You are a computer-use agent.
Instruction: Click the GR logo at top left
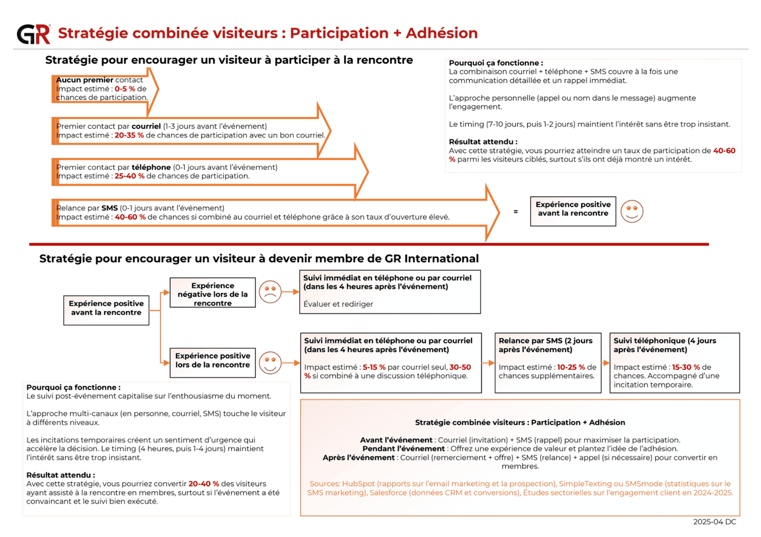pos(33,34)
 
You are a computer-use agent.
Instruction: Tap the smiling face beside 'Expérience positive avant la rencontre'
pos(632,211)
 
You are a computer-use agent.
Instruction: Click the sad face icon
pos(270,292)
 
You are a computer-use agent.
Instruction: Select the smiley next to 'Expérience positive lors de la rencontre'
pos(270,363)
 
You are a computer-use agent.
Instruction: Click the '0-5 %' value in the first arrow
pos(125,89)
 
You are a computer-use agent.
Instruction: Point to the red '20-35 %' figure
pos(129,135)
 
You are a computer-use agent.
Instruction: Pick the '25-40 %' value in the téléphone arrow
pos(129,176)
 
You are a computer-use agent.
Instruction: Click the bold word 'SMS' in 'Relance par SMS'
pos(109,208)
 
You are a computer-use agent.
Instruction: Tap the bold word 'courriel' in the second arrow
pos(146,126)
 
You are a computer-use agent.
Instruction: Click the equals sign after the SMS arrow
pos(516,212)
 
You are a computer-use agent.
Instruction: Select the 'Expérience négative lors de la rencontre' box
pos(213,294)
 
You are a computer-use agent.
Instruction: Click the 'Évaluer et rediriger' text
pos(338,304)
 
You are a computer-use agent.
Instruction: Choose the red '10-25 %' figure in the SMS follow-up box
pos(571,367)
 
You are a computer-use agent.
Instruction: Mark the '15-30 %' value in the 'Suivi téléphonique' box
pos(686,367)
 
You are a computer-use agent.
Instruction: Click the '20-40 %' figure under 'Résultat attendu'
pos(204,484)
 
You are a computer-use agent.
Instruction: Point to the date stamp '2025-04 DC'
pos(714,522)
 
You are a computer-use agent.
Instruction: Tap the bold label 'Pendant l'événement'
pos(403,449)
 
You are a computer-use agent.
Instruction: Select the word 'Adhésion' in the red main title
pos(441,33)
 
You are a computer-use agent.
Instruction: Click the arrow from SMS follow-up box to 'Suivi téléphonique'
pos(605,363)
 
